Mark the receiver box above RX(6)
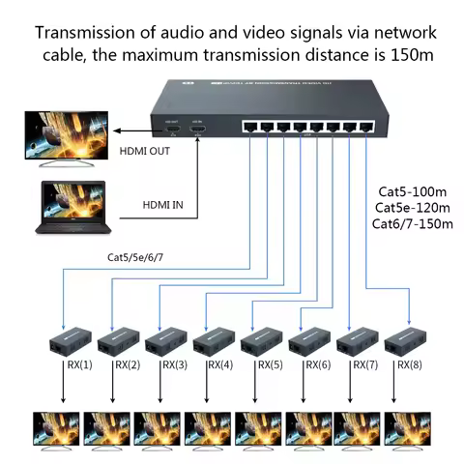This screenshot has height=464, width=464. point(308,342)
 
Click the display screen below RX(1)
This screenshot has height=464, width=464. point(57,430)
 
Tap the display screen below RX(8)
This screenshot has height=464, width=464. point(407,430)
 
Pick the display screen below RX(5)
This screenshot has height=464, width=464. point(257,430)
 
